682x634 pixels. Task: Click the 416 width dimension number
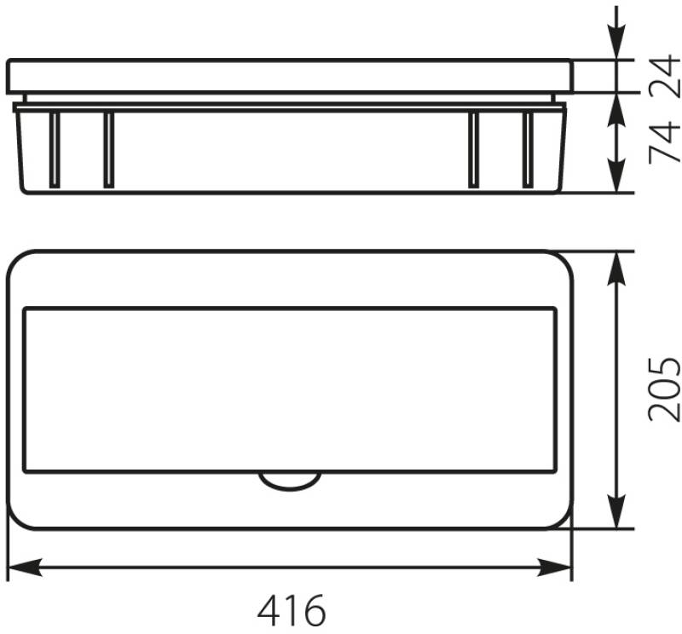pos(291,609)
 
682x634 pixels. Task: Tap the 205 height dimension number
pos(663,389)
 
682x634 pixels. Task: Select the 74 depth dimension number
pos(663,142)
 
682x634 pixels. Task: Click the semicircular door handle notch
pos(290,483)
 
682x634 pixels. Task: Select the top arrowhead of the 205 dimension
pos(616,269)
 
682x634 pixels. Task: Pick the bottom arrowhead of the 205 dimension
pos(616,511)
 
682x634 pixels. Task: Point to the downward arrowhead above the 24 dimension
pos(616,41)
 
